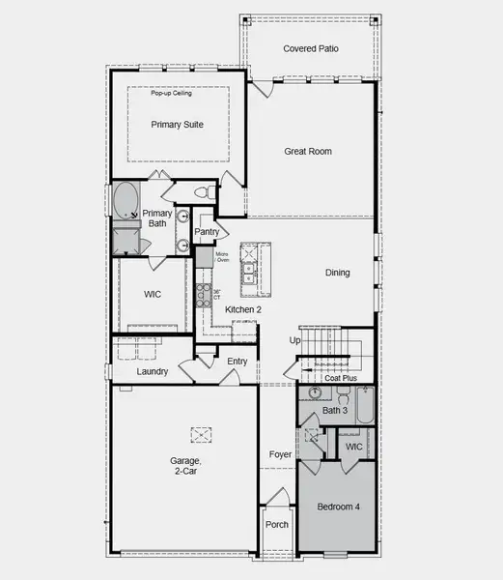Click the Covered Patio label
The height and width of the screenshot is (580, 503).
(308, 48)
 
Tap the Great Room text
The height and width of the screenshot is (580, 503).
(308, 151)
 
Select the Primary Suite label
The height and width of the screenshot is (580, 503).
(177, 125)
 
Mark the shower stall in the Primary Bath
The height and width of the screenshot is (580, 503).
(126, 239)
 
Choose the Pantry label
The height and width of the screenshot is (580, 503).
(208, 232)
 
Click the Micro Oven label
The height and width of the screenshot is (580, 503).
(221, 256)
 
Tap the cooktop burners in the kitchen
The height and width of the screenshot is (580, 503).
(203, 294)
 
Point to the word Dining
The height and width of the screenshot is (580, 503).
(337, 273)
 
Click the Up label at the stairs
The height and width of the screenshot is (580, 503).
(294, 340)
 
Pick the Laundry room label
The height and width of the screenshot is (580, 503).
(153, 371)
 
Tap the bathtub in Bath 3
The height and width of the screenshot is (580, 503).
(363, 406)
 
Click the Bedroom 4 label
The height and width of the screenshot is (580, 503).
(338, 507)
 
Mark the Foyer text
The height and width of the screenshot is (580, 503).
(279, 453)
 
